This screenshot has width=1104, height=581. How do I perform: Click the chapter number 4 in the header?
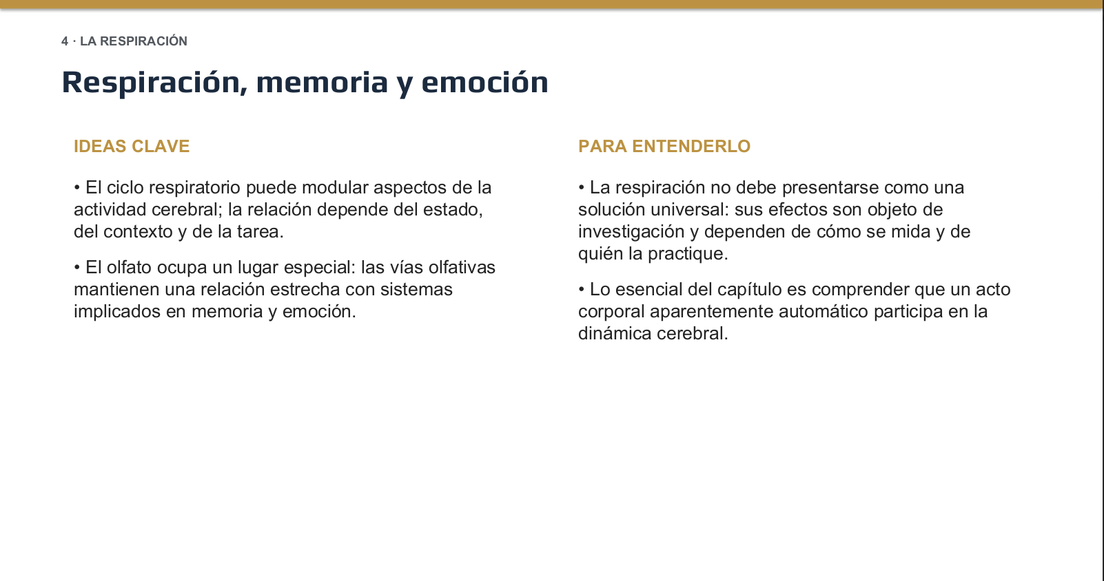[x=65, y=41]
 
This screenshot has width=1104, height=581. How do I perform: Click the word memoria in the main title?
[x=322, y=82]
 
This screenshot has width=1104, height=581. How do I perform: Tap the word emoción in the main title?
[x=484, y=82]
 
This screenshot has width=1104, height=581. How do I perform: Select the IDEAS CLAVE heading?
[x=132, y=146]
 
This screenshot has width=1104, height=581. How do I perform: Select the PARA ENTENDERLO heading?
[x=664, y=146]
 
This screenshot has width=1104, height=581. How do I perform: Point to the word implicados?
[x=117, y=313]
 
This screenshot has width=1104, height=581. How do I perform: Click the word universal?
[x=687, y=210]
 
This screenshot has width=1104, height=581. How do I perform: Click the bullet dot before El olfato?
[x=77, y=267]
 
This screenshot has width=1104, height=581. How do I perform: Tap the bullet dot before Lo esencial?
[x=582, y=290]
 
